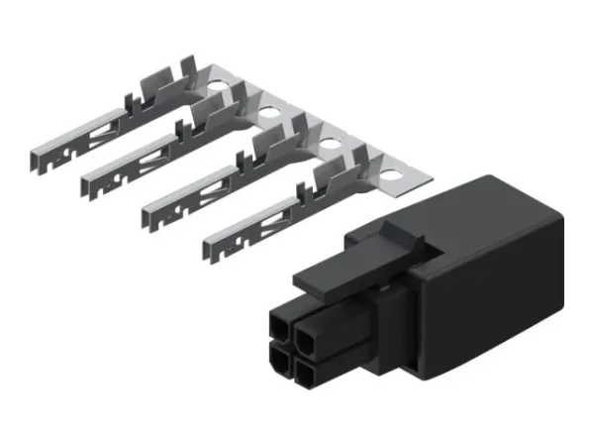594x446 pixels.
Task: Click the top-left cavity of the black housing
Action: pos(282,325)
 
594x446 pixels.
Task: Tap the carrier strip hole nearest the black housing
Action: pos(393,179)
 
